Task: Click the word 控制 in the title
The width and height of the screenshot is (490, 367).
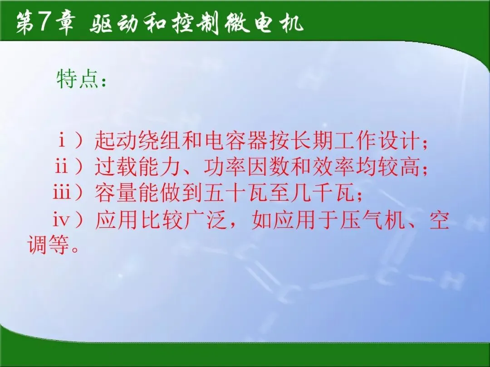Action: [x=195, y=23]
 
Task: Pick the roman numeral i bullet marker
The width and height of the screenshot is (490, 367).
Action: [x=62, y=140]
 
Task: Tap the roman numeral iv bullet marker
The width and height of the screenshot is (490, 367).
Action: [x=61, y=219]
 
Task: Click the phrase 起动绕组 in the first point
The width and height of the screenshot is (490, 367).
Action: [x=137, y=140]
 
